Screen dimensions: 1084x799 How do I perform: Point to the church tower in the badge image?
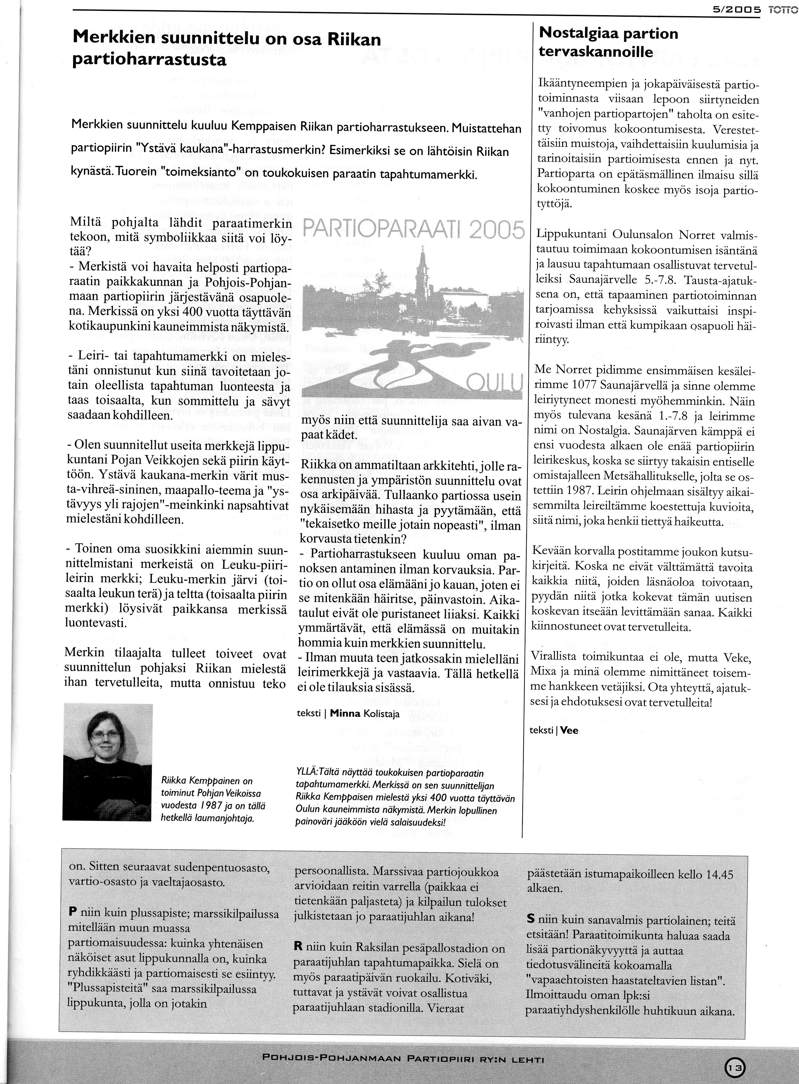click(422, 264)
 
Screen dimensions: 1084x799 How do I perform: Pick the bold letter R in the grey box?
click(298, 947)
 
